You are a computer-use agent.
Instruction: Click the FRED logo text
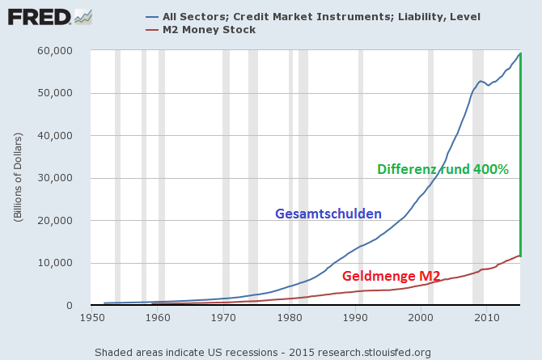coord(38,16)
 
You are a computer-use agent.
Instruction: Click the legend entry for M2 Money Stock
coord(209,30)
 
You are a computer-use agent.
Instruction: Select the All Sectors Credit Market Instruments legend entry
coord(320,16)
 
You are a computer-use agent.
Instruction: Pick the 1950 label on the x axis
coord(92,318)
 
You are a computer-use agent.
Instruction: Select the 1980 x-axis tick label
coord(290,318)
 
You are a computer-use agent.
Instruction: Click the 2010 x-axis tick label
coord(486,318)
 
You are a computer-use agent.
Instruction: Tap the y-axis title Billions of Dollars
coord(17,178)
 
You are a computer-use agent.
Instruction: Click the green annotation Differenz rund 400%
coord(442,170)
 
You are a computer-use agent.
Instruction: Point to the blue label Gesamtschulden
coord(328,214)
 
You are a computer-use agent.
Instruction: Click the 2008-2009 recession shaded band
coord(478,178)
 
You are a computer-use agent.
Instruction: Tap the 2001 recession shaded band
coord(430,178)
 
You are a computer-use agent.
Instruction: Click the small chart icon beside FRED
coord(83,16)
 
